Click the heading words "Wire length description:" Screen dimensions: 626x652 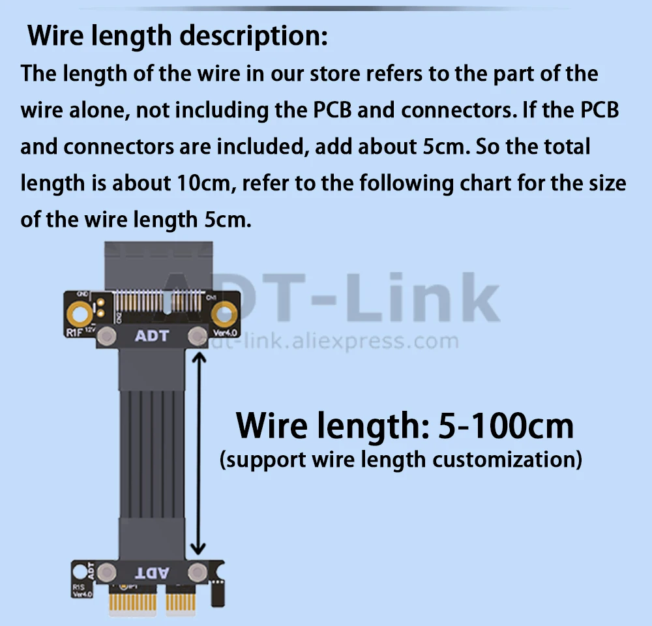coord(177,37)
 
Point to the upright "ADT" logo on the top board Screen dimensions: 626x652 coord(151,336)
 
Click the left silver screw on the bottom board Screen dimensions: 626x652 coord(108,573)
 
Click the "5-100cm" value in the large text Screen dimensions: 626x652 coord(506,425)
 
